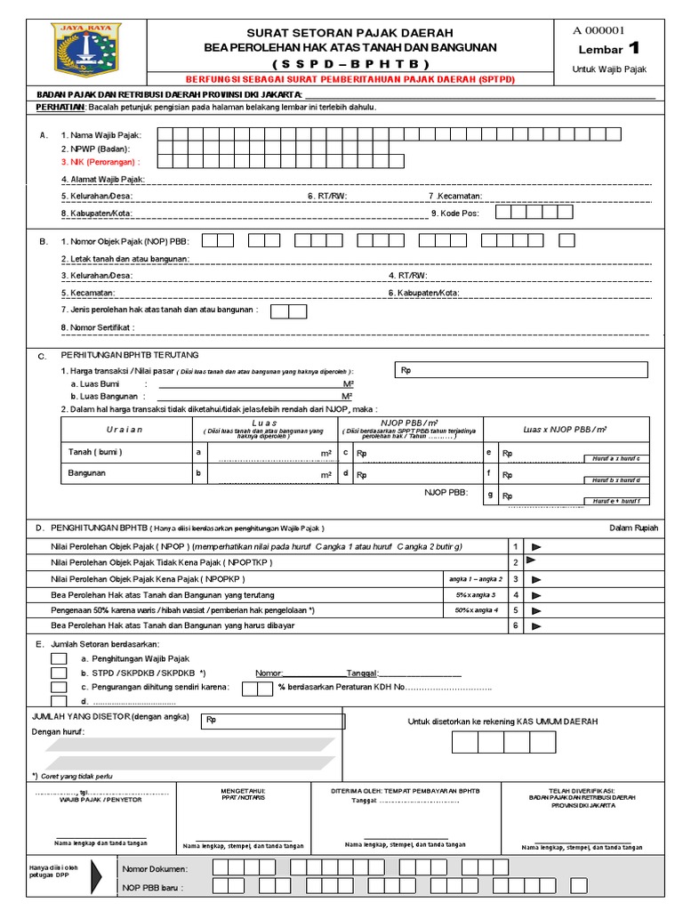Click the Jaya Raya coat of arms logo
[x=84, y=52]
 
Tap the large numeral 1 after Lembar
[x=633, y=48]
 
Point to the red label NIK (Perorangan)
[x=97, y=163]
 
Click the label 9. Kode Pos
[x=455, y=214]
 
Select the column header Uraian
[x=125, y=429]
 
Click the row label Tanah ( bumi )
[x=95, y=452]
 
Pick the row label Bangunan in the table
[x=86, y=474]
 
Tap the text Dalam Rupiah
[x=633, y=528]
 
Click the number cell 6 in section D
[x=514, y=626]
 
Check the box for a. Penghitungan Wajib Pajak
[x=59, y=658]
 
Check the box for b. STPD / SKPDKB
[x=59, y=673]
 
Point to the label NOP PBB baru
[x=152, y=887]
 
